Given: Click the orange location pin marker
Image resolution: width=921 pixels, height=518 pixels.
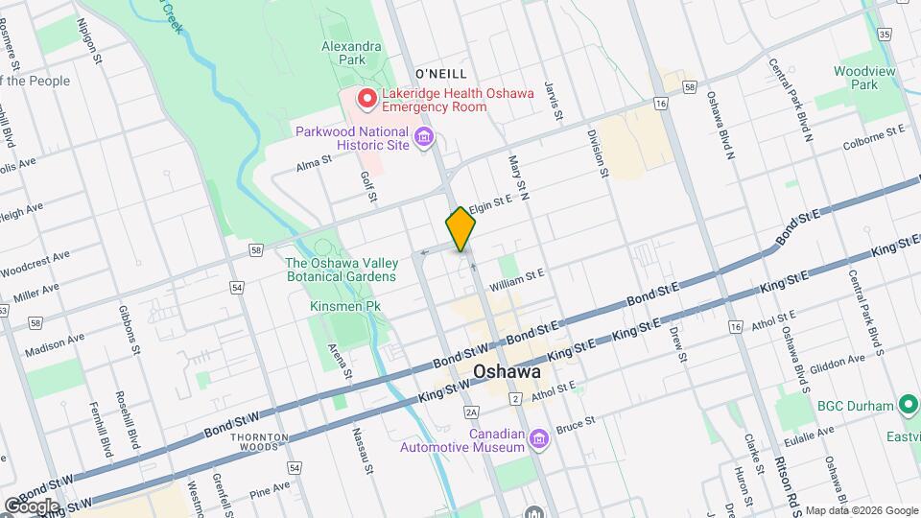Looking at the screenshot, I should pos(461,228).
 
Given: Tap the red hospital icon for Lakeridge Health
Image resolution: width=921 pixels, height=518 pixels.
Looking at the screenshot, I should pos(366,99).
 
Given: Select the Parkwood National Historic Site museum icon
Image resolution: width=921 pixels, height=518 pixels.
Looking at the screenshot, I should pos(424,139).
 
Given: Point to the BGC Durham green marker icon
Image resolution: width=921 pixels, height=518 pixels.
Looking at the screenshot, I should pos(908,406).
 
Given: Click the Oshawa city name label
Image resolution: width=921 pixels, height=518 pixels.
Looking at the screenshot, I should pos(506,371).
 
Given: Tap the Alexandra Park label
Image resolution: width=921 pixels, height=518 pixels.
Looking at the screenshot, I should pos(351,53).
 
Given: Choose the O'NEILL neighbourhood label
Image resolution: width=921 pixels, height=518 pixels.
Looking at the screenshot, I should pos(441,74).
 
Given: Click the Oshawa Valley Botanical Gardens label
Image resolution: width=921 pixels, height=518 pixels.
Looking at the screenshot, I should pos(341,270).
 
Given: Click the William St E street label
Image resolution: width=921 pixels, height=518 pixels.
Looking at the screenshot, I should pos(516,279).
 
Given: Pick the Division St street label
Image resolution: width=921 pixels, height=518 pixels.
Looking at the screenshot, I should pos(598,154).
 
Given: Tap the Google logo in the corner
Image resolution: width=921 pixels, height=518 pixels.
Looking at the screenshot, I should pos(31,506).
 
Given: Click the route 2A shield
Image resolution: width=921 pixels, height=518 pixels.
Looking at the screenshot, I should pos(470,412).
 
